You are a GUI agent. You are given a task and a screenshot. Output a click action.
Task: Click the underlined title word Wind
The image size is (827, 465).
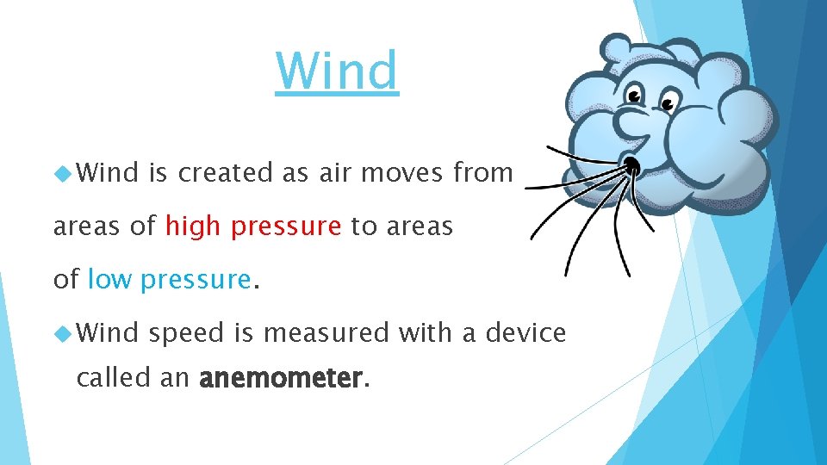[x=337, y=71]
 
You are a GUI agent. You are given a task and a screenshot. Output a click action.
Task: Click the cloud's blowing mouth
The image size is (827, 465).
[x=631, y=164]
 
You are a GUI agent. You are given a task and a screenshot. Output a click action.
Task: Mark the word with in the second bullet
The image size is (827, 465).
[x=426, y=332]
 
